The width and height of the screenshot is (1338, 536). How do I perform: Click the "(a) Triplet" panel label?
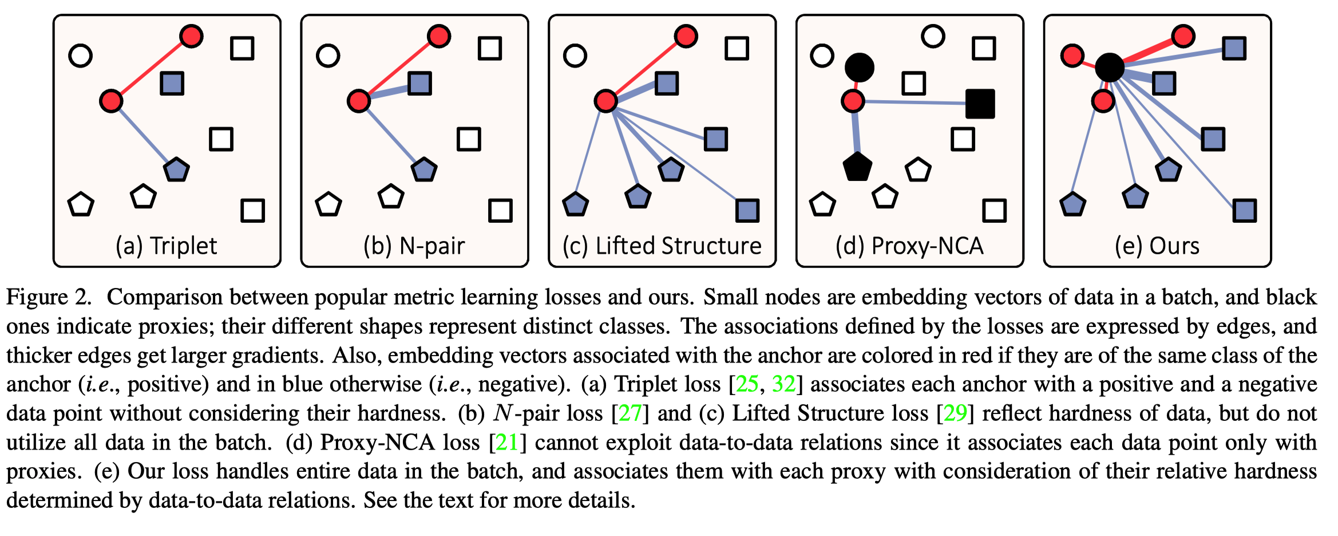[x=166, y=246]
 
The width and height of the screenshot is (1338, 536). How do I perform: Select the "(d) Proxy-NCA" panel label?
[x=909, y=246]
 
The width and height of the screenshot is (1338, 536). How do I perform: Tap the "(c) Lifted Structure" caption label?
[x=662, y=246]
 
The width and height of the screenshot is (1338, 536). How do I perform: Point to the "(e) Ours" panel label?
[x=1157, y=246]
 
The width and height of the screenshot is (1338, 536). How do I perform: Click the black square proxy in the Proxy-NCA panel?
[x=980, y=104]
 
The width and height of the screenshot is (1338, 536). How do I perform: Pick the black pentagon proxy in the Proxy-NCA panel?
[x=857, y=167]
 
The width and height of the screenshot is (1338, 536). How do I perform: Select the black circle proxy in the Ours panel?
[x=1110, y=68]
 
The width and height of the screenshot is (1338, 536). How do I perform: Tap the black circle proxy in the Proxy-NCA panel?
[x=860, y=68]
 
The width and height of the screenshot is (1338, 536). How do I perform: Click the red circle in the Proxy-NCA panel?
[x=853, y=101]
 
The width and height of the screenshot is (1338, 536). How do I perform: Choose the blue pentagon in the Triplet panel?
[x=176, y=170]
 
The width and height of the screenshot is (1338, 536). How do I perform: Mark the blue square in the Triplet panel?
[x=172, y=84]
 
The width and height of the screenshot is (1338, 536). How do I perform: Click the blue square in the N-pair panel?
[x=420, y=84]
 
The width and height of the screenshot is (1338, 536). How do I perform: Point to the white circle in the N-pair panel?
[x=328, y=56]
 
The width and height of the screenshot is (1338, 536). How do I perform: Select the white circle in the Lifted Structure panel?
[x=575, y=56]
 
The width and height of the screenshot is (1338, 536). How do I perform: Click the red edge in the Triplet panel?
[x=152, y=69]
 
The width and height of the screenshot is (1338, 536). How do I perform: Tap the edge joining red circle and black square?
[x=916, y=103]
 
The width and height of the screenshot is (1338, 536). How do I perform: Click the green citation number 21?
[x=506, y=443]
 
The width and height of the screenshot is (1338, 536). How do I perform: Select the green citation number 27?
[x=630, y=413]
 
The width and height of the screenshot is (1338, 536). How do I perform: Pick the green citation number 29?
[x=955, y=413]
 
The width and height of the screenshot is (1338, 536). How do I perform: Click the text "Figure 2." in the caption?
[x=49, y=297]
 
